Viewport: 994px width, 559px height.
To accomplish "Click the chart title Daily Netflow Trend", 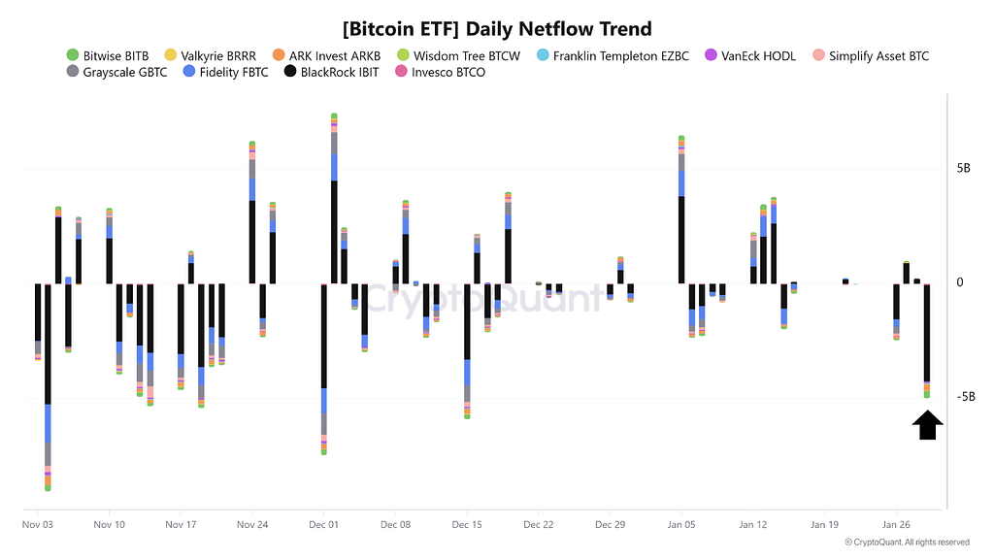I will pyautogui.click(x=497, y=29).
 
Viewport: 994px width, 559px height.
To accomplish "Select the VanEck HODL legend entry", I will pyautogui.click(x=749, y=55).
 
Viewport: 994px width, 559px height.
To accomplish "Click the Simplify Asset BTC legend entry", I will pyautogui.click(x=870, y=55).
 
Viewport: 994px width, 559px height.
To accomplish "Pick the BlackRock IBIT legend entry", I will pyautogui.click(x=332, y=72).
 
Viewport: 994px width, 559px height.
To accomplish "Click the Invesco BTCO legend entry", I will pyautogui.click(x=438, y=72).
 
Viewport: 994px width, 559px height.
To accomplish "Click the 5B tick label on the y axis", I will pyautogui.click(x=964, y=168).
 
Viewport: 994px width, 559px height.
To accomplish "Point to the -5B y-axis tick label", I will pyautogui.click(x=966, y=397).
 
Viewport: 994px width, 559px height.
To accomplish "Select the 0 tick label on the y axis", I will pyautogui.click(x=960, y=282).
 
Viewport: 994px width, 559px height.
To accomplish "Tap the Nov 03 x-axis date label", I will pyautogui.click(x=38, y=524).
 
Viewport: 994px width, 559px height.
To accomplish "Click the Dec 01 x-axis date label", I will pyautogui.click(x=323, y=524).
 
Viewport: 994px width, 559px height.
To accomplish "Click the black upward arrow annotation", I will pyautogui.click(x=927, y=425).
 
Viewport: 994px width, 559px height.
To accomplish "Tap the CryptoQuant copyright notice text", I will pyautogui.click(x=907, y=543).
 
